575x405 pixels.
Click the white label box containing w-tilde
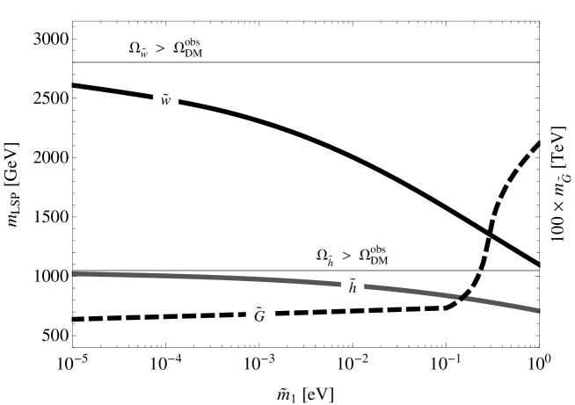pos(165,99)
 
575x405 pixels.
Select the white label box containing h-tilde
pos(353,286)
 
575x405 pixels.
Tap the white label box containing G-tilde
pos(259,315)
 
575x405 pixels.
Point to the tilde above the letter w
pos(165,93)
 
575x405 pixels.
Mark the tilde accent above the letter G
pos(260,307)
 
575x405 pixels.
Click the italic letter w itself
pos(165,102)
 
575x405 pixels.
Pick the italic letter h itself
pos(353,288)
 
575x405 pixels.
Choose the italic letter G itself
pos(259,317)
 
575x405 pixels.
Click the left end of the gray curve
pos(73,274)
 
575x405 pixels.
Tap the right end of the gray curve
pos(538,310)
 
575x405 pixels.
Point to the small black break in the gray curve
pos(463,298)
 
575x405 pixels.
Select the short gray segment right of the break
pos(501,303)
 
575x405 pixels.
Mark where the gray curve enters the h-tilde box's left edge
pos(340,283)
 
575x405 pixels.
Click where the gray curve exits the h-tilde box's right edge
pos(365,286)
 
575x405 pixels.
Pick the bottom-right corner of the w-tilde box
pos(178,108)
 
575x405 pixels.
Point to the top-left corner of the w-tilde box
pos(153,90)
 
